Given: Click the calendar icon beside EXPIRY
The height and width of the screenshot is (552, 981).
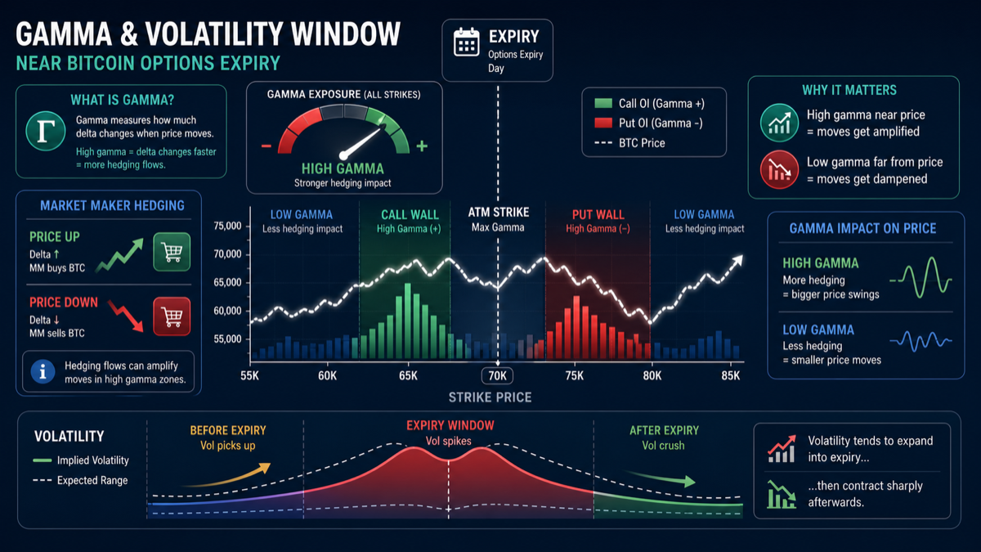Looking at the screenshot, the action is (467, 42).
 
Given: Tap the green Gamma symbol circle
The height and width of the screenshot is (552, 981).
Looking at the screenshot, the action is (46, 131).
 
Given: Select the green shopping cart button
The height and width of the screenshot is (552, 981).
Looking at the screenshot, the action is (172, 252).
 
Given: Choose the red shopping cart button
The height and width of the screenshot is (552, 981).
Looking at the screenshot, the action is (172, 316).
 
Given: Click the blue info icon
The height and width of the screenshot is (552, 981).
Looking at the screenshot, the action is (43, 371).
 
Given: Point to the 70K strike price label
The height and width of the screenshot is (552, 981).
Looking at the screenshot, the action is (498, 375).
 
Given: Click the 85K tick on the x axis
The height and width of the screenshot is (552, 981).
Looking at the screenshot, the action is (730, 375).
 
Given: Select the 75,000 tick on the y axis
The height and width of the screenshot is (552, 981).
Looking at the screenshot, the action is (227, 226).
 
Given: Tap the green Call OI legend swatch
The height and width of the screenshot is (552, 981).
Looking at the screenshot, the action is (603, 103).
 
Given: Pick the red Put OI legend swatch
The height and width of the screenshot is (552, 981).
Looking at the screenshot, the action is (603, 123).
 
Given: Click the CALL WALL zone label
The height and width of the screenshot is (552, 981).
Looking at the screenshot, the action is (410, 214).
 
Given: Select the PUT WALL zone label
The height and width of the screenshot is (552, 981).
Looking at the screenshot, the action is (598, 214).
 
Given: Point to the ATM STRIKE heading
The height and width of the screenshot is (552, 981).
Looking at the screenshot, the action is (499, 213).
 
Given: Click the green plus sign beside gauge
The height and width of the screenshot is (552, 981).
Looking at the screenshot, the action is (422, 146).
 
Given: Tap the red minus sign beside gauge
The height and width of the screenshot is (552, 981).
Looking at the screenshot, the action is (267, 146).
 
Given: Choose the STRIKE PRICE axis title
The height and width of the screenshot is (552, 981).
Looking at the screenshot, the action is (490, 397).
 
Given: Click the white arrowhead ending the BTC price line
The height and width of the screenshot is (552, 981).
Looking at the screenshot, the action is (738, 260).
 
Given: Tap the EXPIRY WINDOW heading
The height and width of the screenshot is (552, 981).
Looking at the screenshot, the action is (450, 425).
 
